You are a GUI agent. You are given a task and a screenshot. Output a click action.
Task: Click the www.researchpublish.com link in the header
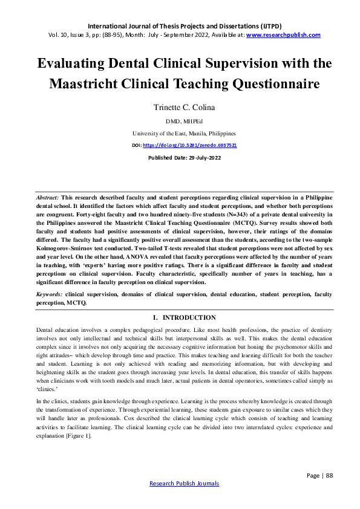pyautogui.click(x=283, y=35)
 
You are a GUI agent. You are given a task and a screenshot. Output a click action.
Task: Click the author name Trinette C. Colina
pyautogui.click(x=180, y=108)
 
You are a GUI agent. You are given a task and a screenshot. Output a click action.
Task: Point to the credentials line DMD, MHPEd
pyautogui.click(x=180, y=121)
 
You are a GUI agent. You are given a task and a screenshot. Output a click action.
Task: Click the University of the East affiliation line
pyautogui.click(x=180, y=133)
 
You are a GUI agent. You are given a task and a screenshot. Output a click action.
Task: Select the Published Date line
pyautogui.click(x=180, y=158)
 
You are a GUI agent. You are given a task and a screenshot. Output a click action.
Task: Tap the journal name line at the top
pyautogui.click(x=180, y=26)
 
